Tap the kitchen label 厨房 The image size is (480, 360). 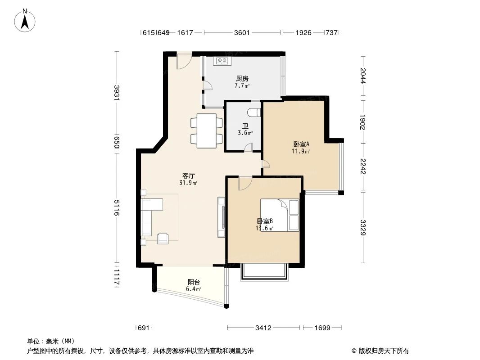[242, 78]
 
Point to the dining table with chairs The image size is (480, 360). [206, 130]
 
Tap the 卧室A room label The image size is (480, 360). [301, 144]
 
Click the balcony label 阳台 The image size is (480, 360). [194, 282]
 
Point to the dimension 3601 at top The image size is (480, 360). [242, 32]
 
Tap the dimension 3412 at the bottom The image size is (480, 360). [263, 328]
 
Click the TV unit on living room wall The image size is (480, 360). [221, 217]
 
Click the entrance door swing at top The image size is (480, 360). [184, 62]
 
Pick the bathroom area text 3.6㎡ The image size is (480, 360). [245, 133]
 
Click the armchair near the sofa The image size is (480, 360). [163, 238]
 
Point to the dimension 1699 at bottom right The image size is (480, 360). [322, 328]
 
